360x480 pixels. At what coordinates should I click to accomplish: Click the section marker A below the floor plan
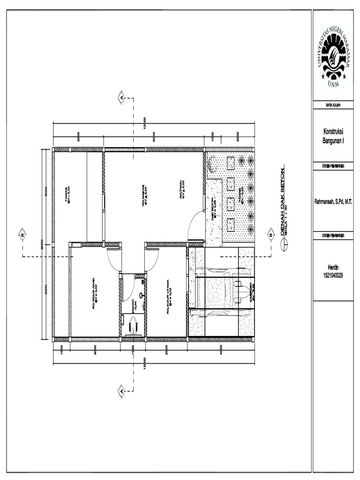click(121, 390)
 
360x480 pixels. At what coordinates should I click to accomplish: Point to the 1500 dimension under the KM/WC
click(133, 347)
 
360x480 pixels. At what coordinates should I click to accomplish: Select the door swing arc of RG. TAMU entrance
click(195, 227)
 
